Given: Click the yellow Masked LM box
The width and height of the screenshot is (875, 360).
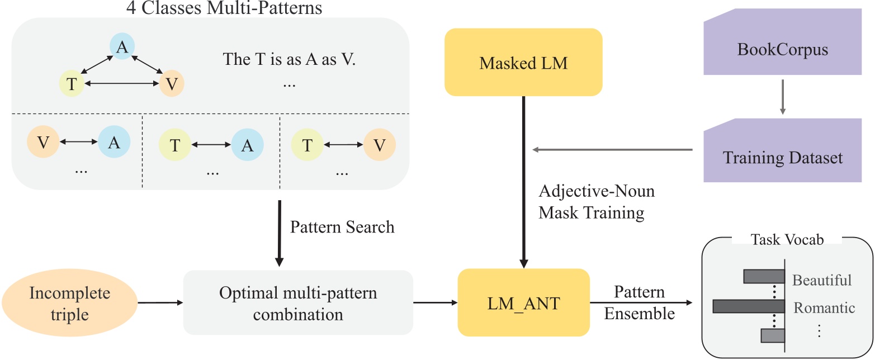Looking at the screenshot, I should click(x=523, y=63).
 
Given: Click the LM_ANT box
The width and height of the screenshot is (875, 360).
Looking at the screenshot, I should click(x=523, y=302).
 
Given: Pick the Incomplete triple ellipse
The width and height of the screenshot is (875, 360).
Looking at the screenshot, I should click(x=69, y=304).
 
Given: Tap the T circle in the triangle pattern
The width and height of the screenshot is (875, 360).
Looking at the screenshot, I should click(x=71, y=84).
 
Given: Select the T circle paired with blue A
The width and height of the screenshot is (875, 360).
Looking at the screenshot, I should click(x=174, y=145).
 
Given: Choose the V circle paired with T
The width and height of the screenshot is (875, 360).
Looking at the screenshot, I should click(x=380, y=145).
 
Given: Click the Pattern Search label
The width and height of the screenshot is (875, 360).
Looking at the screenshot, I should click(x=342, y=226).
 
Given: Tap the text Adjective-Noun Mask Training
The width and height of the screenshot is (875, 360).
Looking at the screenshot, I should click(x=596, y=202).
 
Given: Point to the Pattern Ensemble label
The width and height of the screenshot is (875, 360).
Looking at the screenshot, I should click(x=640, y=302).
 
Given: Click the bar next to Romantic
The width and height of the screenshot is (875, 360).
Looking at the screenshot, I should click(x=749, y=306).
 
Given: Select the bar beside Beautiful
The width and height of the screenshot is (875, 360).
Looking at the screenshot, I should click(x=764, y=277).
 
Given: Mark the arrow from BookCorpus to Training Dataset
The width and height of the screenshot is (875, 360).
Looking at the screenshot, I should click(x=782, y=97).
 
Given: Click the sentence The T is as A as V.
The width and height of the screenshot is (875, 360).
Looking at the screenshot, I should click(x=289, y=59).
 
